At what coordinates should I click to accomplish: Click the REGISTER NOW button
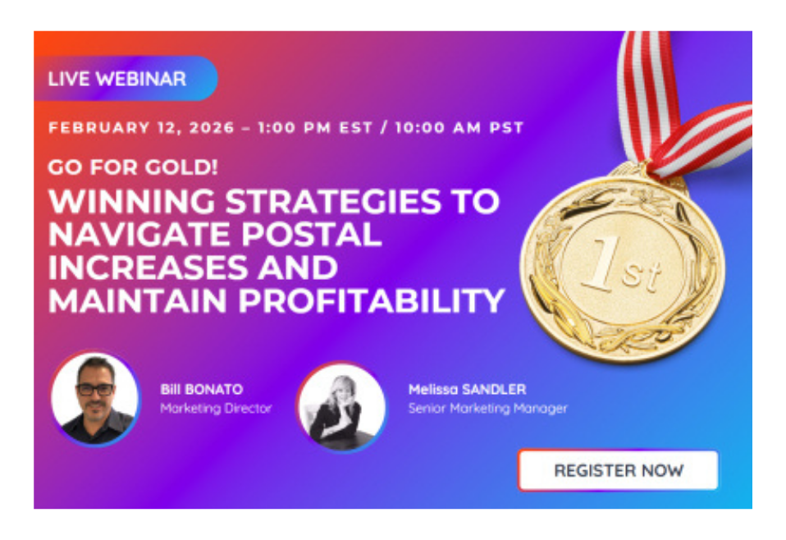pyautogui.click(x=618, y=469)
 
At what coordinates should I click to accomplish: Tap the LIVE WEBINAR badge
pyautogui.click(x=126, y=78)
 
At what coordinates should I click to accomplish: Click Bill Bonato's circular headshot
pyautogui.click(x=94, y=399)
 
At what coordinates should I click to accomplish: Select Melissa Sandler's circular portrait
pyautogui.click(x=342, y=406)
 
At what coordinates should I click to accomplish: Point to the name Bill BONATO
pyautogui.click(x=202, y=389)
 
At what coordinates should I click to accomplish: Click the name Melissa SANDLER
pyautogui.click(x=467, y=389)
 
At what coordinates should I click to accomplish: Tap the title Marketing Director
pyautogui.click(x=216, y=408)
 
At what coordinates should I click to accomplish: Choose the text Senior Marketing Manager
pyautogui.click(x=487, y=409)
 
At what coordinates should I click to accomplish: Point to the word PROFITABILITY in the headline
pyautogui.click(x=371, y=300)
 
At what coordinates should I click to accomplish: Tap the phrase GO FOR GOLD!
pyautogui.click(x=133, y=167)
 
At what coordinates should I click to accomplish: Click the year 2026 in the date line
pyautogui.click(x=212, y=127)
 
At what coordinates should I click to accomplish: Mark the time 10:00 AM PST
pyautogui.click(x=459, y=127)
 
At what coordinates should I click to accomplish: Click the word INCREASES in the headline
pyautogui.click(x=149, y=268)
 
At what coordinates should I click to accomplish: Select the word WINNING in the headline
pyautogui.click(x=132, y=202)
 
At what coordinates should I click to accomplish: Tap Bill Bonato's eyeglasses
pyautogui.click(x=94, y=389)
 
